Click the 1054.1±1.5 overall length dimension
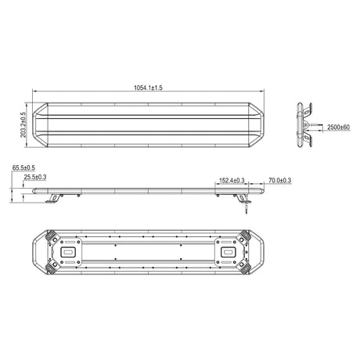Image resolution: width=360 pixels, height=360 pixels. pyautogui.click(x=148, y=88)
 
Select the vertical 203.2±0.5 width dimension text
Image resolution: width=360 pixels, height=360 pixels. pyautogui.click(x=23, y=124)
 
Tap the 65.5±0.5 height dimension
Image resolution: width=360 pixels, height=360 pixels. pyautogui.click(x=23, y=167)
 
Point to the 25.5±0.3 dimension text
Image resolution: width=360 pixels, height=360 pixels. pyautogui.click(x=35, y=177)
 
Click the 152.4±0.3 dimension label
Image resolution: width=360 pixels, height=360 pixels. pyautogui.click(x=232, y=180)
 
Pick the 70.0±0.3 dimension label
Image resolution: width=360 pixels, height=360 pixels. pyautogui.click(x=280, y=180)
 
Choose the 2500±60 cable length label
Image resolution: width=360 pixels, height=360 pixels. pyautogui.click(x=338, y=128)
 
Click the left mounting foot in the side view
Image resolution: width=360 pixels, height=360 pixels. pyautogui.click(x=54, y=198)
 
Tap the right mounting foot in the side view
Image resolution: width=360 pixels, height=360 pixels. pyautogui.click(x=243, y=198)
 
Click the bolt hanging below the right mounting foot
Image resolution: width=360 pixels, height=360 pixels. pyautogui.click(x=247, y=209)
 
